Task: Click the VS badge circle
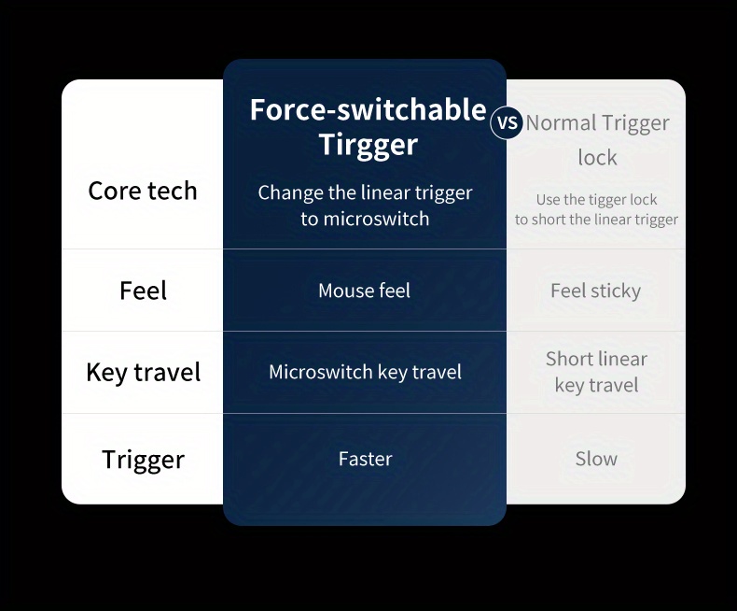click(x=507, y=122)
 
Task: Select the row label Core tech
click(x=143, y=191)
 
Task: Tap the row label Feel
click(x=143, y=290)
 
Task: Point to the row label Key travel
click(x=143, y=373)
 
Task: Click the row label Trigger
click(x=143, y=460)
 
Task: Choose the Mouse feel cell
click(x=364, y=291)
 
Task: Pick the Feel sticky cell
click(x=595, y=291)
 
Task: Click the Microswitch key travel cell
click(x=365, y=372)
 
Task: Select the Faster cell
click(x=365, y=459)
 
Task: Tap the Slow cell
click(x=596, y=459)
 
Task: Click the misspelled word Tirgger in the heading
click(x=368, y=144)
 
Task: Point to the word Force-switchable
click(x=368, y=109)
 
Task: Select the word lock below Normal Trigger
click(x=597, y=157)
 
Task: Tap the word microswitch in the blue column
click(x=377, y=219)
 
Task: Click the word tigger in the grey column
click(x=597, y=200)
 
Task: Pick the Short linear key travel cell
click(x=596, y=372)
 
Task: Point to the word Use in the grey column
click(x=547, y=200)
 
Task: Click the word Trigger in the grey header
click(x=634, y=124)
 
